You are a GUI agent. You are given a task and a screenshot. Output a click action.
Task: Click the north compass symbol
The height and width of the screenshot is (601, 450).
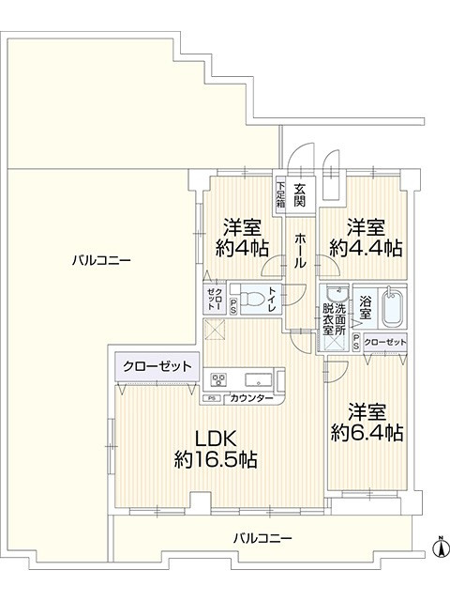pyautogui.click(x=437, y=545)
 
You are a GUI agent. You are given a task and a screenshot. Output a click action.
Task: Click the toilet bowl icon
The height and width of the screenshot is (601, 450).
pyautogui.click(x=249, y=300)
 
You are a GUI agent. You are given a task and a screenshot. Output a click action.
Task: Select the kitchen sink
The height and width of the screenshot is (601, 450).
pyautogui.click(x=258, y=380)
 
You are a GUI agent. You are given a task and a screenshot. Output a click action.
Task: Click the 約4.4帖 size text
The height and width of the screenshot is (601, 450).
pyautogui.click(x=366, y=248)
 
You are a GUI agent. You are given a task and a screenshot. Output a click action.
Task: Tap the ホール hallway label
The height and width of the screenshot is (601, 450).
pyautogui.click(x=300, y=252)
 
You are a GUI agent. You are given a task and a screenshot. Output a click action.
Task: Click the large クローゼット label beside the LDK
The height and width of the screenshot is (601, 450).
pyautogui.click(x=156, y=366)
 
